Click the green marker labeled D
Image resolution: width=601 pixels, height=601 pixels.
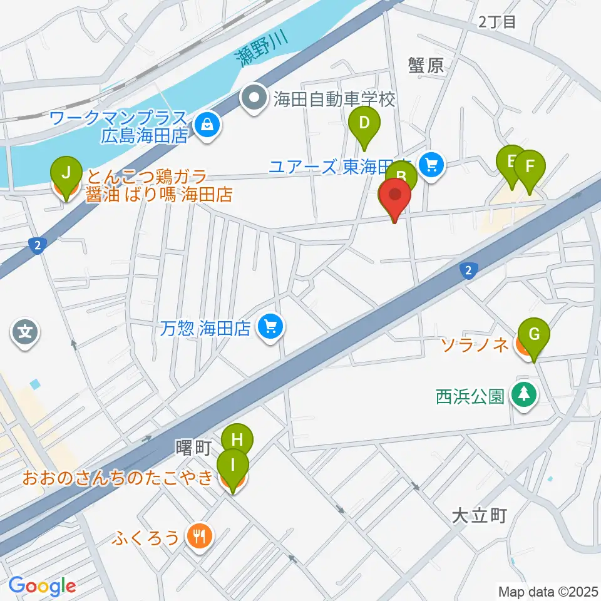pyautogui.click(x=364, y=123)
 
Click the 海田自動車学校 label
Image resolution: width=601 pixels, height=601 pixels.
pyautogui.click(x=333, y=99)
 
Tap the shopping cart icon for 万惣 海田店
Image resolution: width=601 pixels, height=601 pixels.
pyautogui.click(x=270, y=326)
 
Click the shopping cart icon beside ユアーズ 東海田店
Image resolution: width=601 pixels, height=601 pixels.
pyautogui.click(x=431, y=165)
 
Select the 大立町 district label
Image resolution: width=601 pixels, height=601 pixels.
pyautogui.click(x=478, y=516)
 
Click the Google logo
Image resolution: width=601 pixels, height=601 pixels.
pyautogui.click(x=43, y=586)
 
